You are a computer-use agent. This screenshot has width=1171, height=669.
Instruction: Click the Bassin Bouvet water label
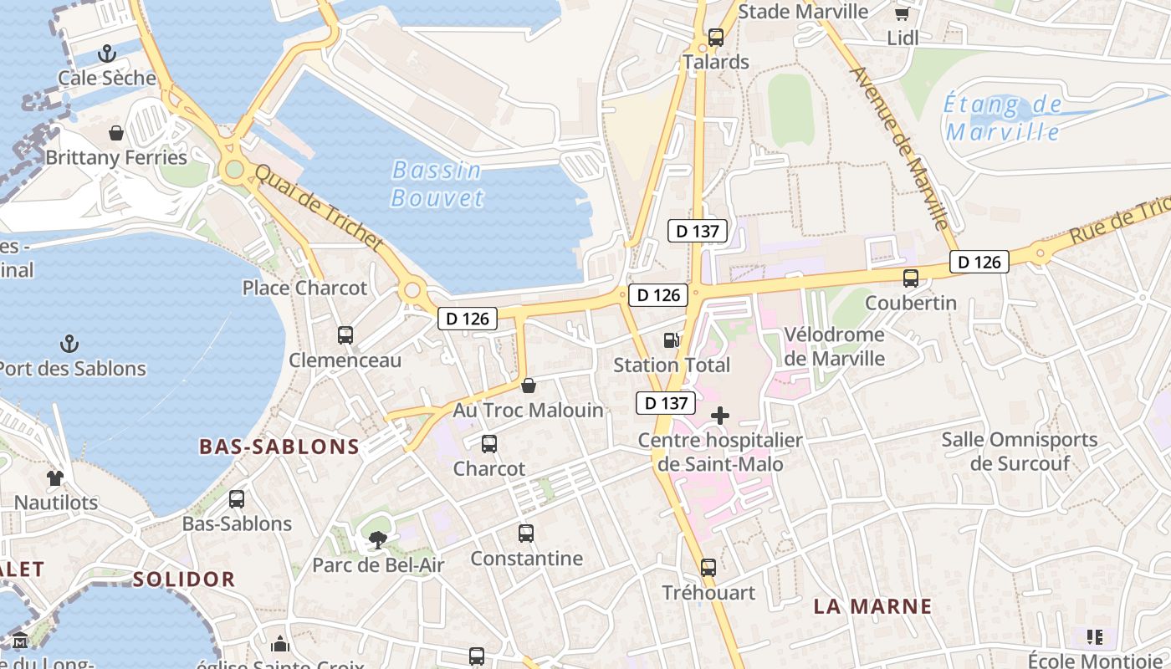[437, 184]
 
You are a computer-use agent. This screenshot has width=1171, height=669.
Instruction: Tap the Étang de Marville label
[1002, 119]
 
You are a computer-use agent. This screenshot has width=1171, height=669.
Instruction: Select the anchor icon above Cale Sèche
[106, 54]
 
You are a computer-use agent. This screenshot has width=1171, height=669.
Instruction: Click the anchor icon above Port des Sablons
[70, 344]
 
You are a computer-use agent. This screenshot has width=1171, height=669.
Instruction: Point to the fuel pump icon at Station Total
[671, 340]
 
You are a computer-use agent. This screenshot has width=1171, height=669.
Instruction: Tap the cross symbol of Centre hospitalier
[719, 416]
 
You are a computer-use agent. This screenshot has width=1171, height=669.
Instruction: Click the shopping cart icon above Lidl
[902, 14]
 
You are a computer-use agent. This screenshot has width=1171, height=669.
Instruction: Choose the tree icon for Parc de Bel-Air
[378, 540]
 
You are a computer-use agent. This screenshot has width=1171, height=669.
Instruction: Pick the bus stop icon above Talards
[716, 38]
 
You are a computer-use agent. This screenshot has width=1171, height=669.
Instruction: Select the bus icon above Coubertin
[911, 278]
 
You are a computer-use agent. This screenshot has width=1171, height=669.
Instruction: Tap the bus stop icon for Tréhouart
[708, 568]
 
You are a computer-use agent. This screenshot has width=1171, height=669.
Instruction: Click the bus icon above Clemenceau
[345, 335]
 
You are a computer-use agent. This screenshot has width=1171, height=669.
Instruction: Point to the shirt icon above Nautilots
[55, 478]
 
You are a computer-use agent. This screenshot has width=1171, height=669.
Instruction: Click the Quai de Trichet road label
[318, 207]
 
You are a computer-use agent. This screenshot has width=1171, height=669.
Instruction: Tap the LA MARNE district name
[872, 607]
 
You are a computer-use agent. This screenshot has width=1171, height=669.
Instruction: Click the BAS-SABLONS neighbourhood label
[279, 447]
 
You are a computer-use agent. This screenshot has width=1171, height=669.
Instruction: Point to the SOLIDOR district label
[184, 579]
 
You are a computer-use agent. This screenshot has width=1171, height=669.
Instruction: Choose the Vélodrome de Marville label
[834, 346]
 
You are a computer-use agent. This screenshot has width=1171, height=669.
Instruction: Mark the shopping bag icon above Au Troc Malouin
[528, 386]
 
